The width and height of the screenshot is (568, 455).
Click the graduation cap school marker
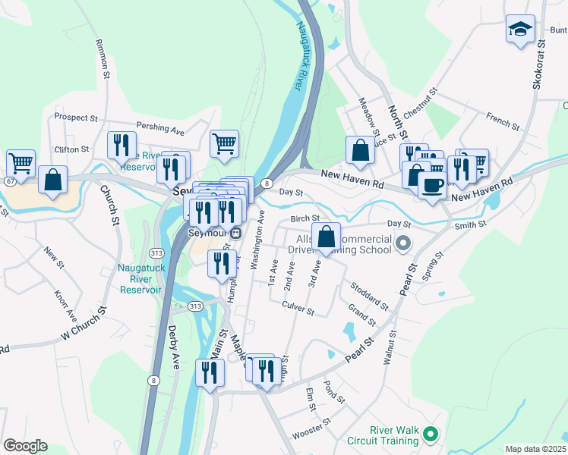click(x=519, y=30)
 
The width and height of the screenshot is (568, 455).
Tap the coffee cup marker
click(x=433, y=185)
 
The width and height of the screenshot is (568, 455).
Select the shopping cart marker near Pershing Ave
click(x=224, y=143)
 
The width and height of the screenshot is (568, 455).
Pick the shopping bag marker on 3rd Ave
click(x=326, y=237)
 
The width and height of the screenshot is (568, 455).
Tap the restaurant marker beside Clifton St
click(x=121, y=143)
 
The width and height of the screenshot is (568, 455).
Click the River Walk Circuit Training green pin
click(x=431, y=435)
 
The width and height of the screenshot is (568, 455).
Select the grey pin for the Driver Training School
click(x=403, y=244)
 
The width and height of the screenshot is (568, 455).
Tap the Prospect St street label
click(x=75, y=118)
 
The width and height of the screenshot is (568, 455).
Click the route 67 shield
click(x=8, y=181)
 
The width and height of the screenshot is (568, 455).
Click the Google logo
click(x=25, y=446)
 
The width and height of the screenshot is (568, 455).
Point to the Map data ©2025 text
click(x=535, y=449)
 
